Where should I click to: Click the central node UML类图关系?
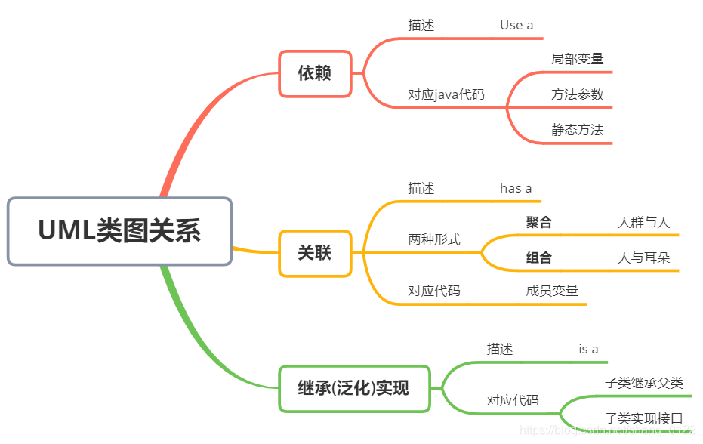(119, 231)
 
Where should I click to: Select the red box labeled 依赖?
(315, 73)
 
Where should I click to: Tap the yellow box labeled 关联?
(315, 252)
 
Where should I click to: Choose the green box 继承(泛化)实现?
(354, 388)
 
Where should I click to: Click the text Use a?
(516, 25)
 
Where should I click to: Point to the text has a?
(516, 188)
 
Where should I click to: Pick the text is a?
(588, 349)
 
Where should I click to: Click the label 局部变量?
(578, 59)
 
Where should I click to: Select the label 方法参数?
(578, 95)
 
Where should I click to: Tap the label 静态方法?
(578, 130)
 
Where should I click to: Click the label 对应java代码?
(446, 95)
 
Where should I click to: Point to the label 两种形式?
(434, 239)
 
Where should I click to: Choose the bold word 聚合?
(539, 222)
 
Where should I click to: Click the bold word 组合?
(539, 257)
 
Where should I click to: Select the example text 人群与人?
(643, 222)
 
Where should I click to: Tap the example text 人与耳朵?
(643, 257)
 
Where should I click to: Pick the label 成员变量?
(552, 291)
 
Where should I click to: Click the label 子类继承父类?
(644, 383)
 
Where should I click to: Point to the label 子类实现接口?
(644, 418)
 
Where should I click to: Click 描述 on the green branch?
(500, 349)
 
